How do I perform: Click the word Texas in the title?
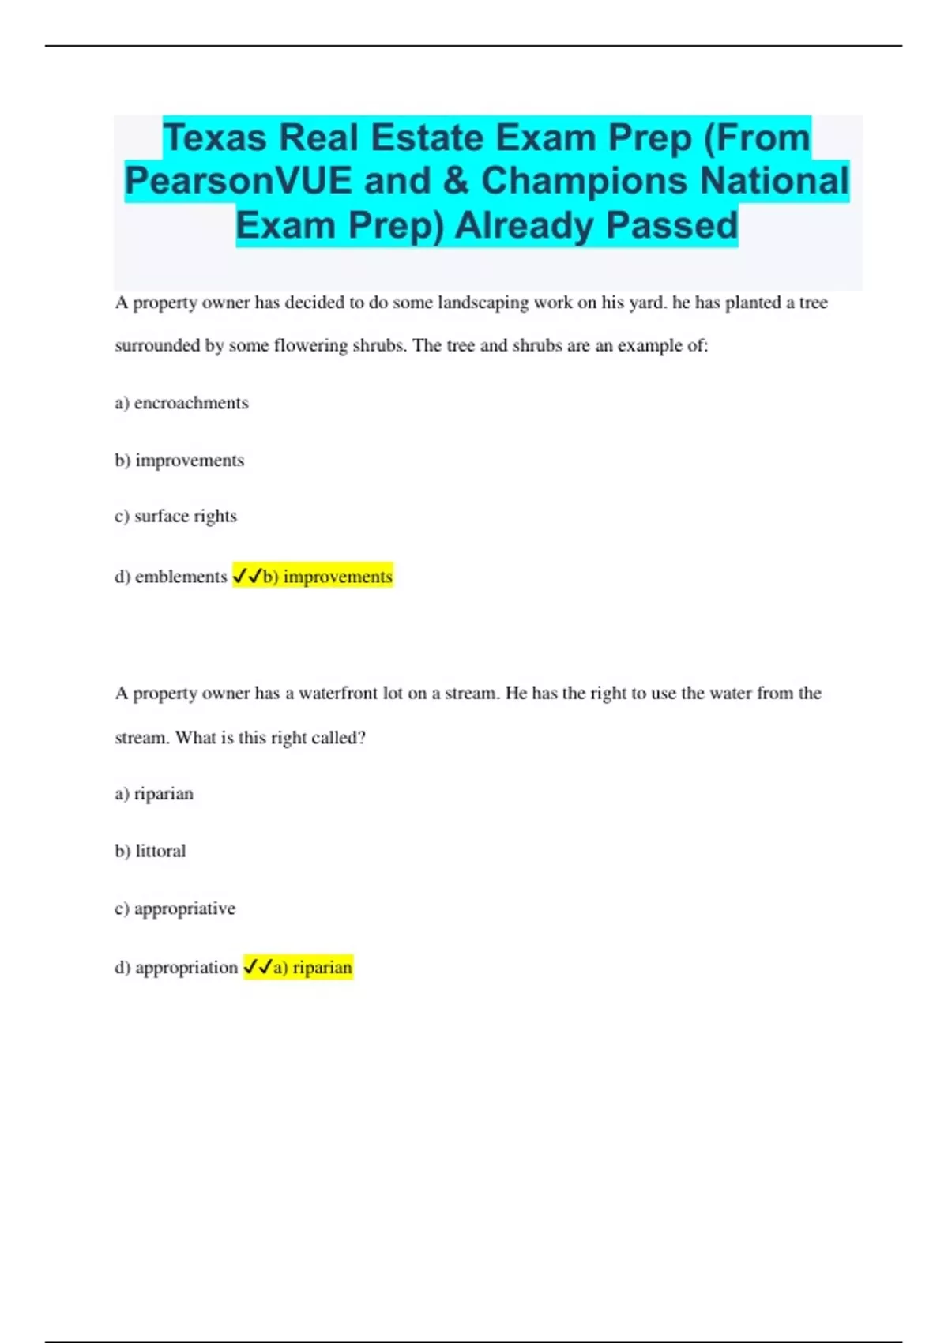point(215,138)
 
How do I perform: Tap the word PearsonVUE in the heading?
point(238,181)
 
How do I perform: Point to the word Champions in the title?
point(585,181)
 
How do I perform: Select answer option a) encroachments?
point(182,403)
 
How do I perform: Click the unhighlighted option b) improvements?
point(179,461)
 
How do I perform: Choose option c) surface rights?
point(175,517)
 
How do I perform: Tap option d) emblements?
point(171,577)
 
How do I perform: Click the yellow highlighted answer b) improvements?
point(327,577)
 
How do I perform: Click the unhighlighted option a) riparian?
point(154,794)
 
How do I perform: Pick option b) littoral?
point(150,852)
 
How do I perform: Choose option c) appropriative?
point(175,908)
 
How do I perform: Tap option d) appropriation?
point(176,968)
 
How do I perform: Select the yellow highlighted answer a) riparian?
point(312,968)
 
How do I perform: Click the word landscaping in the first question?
point(483,303)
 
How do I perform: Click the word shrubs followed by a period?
point(379,346)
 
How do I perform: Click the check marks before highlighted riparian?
point(258,967)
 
